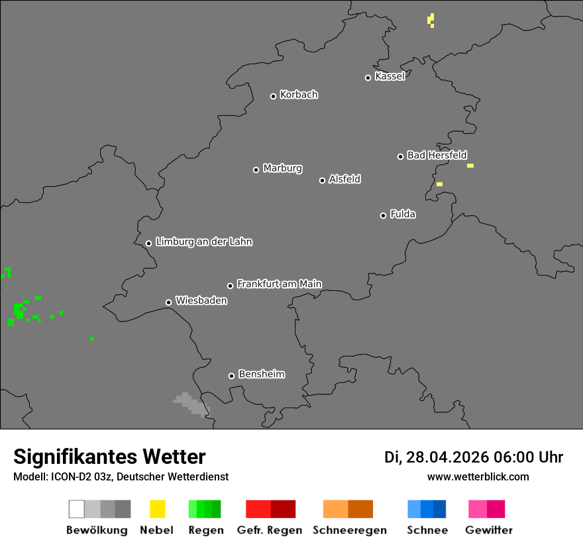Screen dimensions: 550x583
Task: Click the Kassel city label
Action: (x=390, y=76)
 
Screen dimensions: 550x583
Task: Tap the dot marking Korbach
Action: (x=273, y=96)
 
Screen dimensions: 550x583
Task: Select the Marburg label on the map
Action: (x=282, y=168)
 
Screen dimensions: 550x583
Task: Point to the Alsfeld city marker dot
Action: (x=322, y=180)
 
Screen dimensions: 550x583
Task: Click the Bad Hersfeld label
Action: (x=437, y=155)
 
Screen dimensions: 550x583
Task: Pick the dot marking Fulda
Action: (x=383, y=215)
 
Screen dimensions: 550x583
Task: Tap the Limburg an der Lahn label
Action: (x=203, y=242)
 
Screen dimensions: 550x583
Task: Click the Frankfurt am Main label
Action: (x=279, y=284)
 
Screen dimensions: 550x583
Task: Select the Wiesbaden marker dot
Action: (x=168, y=302)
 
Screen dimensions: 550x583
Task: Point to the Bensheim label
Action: (x=261, y=374)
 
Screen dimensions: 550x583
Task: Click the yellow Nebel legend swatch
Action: (x=157, y=509)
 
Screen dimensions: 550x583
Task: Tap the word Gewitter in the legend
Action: (x=489, y=530)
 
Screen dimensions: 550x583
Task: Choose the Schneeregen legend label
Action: (x=349, y=530)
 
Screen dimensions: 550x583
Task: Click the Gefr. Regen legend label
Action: (x=270, y=530)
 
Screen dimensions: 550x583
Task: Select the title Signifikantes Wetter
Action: (x=109, y=457)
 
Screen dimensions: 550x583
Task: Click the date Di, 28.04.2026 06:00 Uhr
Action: (x=474, y=457)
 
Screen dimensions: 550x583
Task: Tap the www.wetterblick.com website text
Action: (x=478, y=477)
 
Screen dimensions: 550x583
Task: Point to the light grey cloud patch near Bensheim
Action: (x=191, y=404)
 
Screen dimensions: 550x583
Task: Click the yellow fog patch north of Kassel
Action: (x=431, y=20)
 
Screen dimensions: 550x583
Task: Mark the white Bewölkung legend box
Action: (x=76, y=509)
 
